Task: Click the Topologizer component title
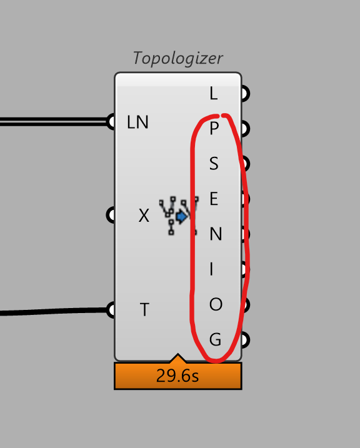tap(177, 58)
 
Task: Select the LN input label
tap(137, 122)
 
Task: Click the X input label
tap(144, 215)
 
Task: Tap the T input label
tap(144, 309)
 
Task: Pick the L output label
tap(213, 93)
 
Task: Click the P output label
tap(214, 128)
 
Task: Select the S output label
tap(214, 164)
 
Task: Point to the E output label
tap(214, 199)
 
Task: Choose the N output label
tap(216, 234)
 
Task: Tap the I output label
tap(211, 269)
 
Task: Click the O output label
tap(216, 304)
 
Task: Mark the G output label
tap(215, 339)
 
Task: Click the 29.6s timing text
tap(177, 376)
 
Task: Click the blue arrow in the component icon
tap(181, 217)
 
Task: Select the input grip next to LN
tap(111, 122)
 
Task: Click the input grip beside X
tap(111, 215)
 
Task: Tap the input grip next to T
tap(111, 310)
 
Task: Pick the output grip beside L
tap(246, 93)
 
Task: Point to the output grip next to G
tap(246, 340)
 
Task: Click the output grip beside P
tap(246, 128)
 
